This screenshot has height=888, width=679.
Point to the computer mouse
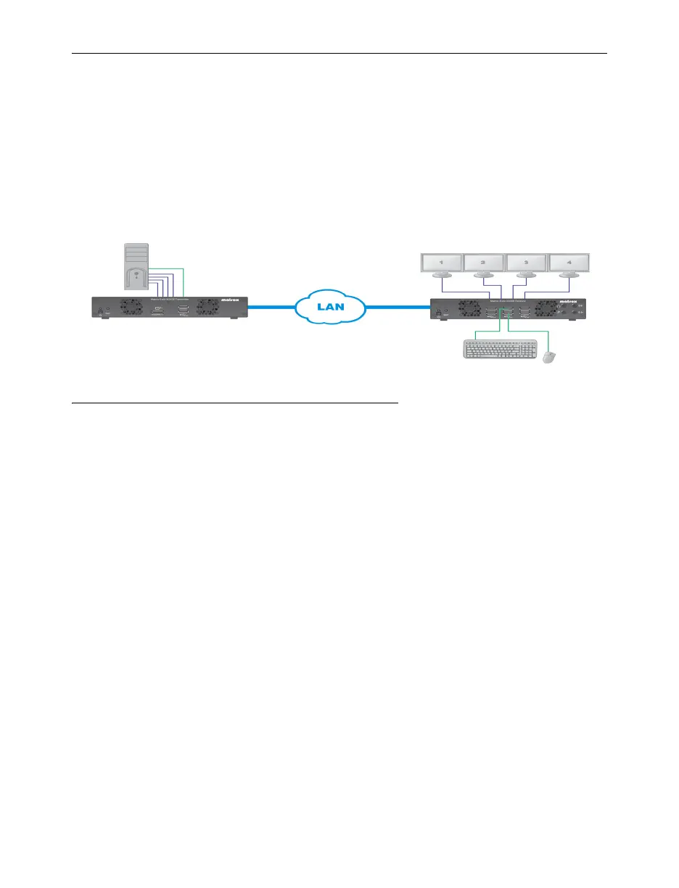coord(550,357)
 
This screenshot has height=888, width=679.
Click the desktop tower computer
coord(136,269)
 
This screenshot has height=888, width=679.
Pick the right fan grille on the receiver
coord(549,310)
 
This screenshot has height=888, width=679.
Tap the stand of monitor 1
coord(442,276)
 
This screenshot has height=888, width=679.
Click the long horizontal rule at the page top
coord(339,53)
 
